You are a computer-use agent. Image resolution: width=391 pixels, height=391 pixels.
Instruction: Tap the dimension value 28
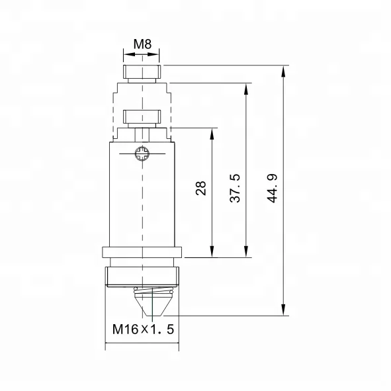click(x=201, y=189)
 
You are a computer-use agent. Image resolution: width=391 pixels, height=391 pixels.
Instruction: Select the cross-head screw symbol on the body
click(x=141, y=155)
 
